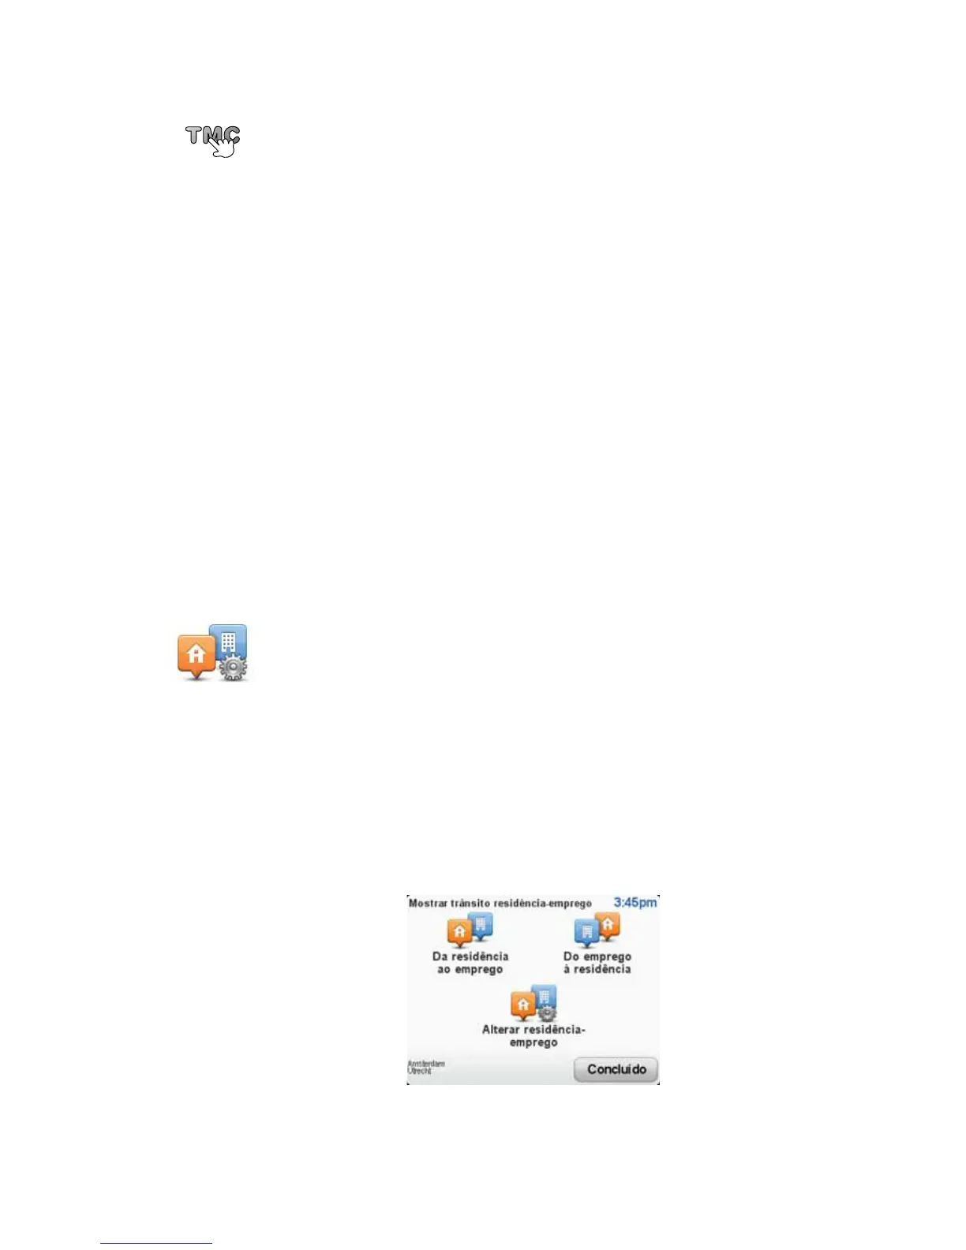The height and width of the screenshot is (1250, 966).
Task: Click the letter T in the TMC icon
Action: click(196, 136)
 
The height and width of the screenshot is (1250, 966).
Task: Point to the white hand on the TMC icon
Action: click(224, 146)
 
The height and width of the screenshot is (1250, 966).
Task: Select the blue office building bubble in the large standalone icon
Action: click(229, 641)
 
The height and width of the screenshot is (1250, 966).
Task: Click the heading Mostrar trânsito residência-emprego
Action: click(500, 904)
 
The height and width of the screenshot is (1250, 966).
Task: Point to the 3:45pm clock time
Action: click(635, 902)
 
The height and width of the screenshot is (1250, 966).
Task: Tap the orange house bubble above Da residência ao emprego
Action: click(459, 933)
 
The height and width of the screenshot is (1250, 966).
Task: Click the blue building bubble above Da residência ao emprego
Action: click(481, 925)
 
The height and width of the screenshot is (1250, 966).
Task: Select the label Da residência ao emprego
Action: click(470, 963)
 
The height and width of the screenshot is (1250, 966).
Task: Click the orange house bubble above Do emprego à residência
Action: click(608, 925)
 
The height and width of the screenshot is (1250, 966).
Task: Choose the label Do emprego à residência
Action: click(597, 963)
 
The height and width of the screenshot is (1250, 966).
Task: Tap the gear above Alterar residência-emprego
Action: click(546, 1013)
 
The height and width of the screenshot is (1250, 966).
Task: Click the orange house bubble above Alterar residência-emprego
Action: click(522, 1005)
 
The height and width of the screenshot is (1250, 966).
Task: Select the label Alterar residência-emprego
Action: click(534, 1036)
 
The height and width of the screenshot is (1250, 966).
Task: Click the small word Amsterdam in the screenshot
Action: click(425, 1064)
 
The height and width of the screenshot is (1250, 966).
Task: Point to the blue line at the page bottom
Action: click(156, 1243)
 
